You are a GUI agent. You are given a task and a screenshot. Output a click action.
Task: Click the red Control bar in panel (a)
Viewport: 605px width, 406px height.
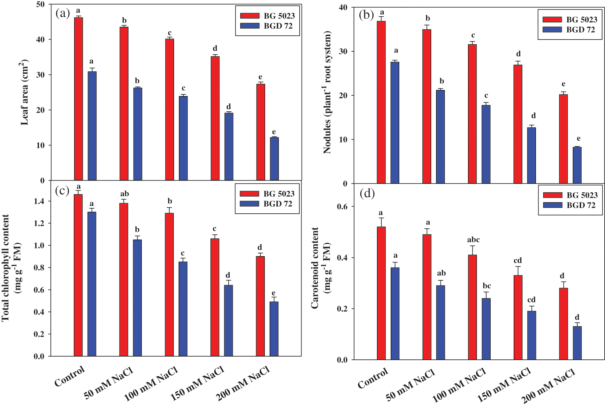coord(78,99)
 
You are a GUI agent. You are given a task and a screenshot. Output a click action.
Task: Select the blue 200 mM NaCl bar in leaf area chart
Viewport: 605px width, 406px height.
coord(274,159)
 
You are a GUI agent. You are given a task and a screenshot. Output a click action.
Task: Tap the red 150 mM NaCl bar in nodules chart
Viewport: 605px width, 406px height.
coord(518,124)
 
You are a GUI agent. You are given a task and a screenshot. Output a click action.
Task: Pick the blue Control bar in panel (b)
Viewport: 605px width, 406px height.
coord(395,123)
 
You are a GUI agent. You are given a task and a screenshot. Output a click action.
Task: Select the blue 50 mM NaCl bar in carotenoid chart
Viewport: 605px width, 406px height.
coord(440,322)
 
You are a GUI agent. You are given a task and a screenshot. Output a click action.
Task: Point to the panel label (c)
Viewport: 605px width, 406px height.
coord(62,190)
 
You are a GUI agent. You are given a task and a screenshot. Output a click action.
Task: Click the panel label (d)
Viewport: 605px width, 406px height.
coord(367,193)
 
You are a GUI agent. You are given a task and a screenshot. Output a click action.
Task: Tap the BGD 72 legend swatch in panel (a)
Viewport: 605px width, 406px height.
coord(250,26)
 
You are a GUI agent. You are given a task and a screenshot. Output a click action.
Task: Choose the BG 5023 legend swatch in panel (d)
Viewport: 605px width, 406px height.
coord(553,195)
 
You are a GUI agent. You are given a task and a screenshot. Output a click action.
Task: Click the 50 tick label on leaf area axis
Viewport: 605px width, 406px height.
coord(41,4)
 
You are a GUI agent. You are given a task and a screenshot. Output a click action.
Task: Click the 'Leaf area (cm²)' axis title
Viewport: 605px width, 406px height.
coord(25,92)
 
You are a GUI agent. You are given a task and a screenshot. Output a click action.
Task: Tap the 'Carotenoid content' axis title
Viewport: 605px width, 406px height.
coord(315,268)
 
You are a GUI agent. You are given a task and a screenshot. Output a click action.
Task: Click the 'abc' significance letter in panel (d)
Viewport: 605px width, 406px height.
coord(473,240)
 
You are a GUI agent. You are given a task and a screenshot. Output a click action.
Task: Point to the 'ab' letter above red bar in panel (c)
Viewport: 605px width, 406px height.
coord(124,194)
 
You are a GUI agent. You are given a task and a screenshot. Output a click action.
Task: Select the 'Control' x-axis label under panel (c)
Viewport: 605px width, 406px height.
coord(70,376)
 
